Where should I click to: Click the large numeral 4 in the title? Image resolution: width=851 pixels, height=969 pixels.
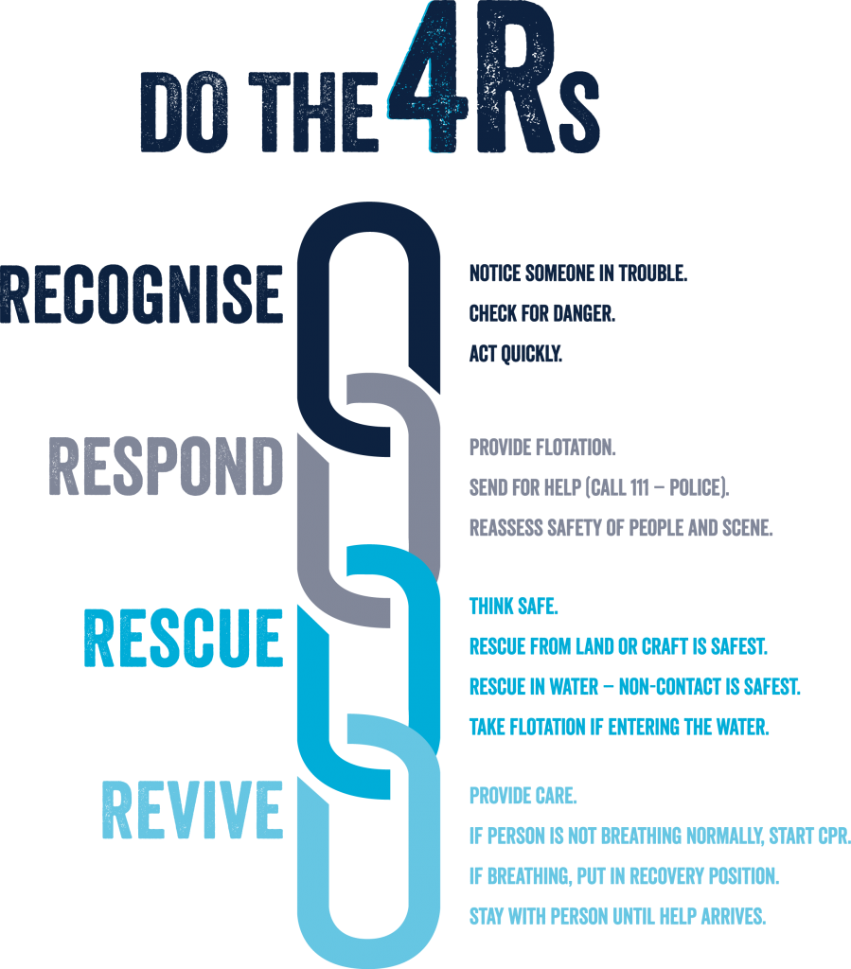tap(428, 80)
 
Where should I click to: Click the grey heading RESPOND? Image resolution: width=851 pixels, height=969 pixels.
tap(166, 466)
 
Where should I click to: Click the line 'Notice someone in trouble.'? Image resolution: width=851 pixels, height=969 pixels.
tap(577, 274)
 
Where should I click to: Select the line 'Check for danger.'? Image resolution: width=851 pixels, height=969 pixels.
tap(541, 314)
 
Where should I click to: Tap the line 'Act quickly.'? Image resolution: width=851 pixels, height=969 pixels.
tap(516, 354)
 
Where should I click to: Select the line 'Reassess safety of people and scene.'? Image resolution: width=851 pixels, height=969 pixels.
tap(621, 528)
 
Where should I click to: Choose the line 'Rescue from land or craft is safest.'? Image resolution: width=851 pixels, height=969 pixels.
tap(618, 647)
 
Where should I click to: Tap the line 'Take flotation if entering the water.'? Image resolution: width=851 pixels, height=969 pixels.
tap(619, 727)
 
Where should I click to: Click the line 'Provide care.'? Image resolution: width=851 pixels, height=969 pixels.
tap(523, 796)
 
